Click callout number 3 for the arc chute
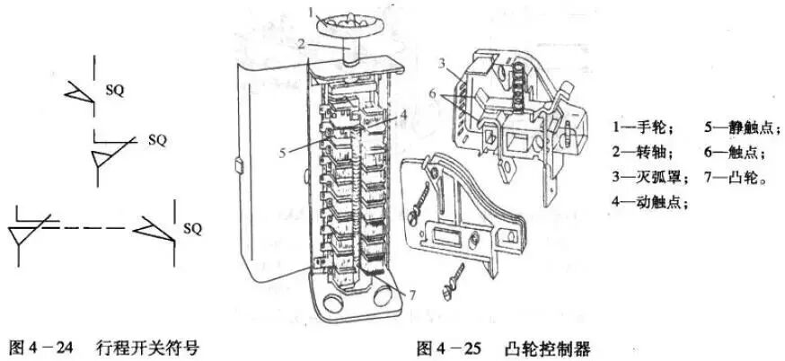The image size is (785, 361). pyautogui.click(x=443, y=61)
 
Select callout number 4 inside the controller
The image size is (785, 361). pyautogui.click(x=405, y=113)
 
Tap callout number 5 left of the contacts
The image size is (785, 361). pyautogui.click(x=282, y=153)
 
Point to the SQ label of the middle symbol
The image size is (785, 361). pyautogui.click(x=157, y=141)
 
